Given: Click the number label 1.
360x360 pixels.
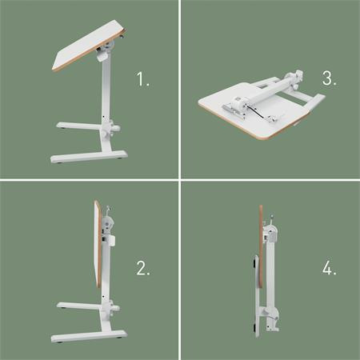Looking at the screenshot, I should point(143,81).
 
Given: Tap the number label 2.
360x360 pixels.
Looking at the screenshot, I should point(143,269).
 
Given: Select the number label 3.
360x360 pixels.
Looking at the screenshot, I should point(327,80).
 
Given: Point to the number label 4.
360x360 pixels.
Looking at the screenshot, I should point(328,269).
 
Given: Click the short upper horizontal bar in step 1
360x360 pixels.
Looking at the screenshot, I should point(78,126).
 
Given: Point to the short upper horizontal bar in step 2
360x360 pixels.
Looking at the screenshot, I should point(78,305).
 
